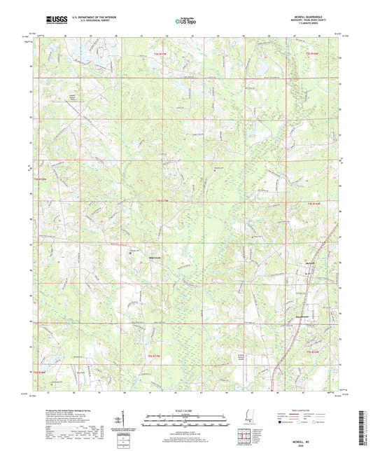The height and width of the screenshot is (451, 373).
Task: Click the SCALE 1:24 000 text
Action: [186, 410]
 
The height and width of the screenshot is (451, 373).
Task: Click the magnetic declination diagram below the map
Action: [120, 420]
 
